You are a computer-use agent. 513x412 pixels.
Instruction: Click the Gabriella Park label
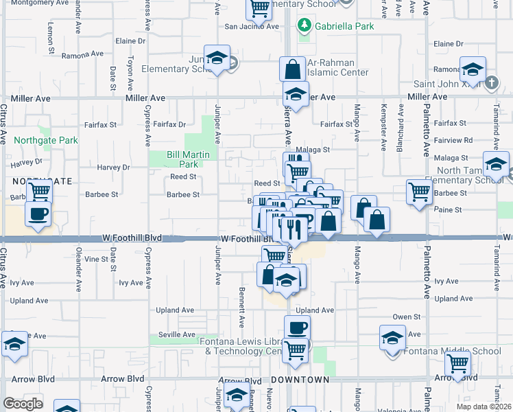(335, 26)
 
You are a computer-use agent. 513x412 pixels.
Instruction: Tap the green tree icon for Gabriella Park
(304, 26)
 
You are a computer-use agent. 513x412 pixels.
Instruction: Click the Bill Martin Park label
(182, 159)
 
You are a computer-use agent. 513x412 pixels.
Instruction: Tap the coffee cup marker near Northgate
(38, 214)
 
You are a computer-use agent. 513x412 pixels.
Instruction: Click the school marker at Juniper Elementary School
(217, 59)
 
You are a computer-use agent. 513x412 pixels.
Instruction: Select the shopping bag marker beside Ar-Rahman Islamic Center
(292, 70)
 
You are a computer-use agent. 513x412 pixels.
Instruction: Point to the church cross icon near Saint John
(491, 83)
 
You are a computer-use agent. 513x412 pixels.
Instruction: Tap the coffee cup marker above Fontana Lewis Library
(297, 328)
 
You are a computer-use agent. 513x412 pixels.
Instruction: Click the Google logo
(23, 404)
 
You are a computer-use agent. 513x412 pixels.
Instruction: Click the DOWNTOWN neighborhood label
(300, 380)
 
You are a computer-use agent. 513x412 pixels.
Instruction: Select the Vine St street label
(96, 259)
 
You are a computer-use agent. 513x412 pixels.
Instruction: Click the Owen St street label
(406, 317)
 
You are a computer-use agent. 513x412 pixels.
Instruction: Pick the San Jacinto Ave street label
(252, 27)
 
